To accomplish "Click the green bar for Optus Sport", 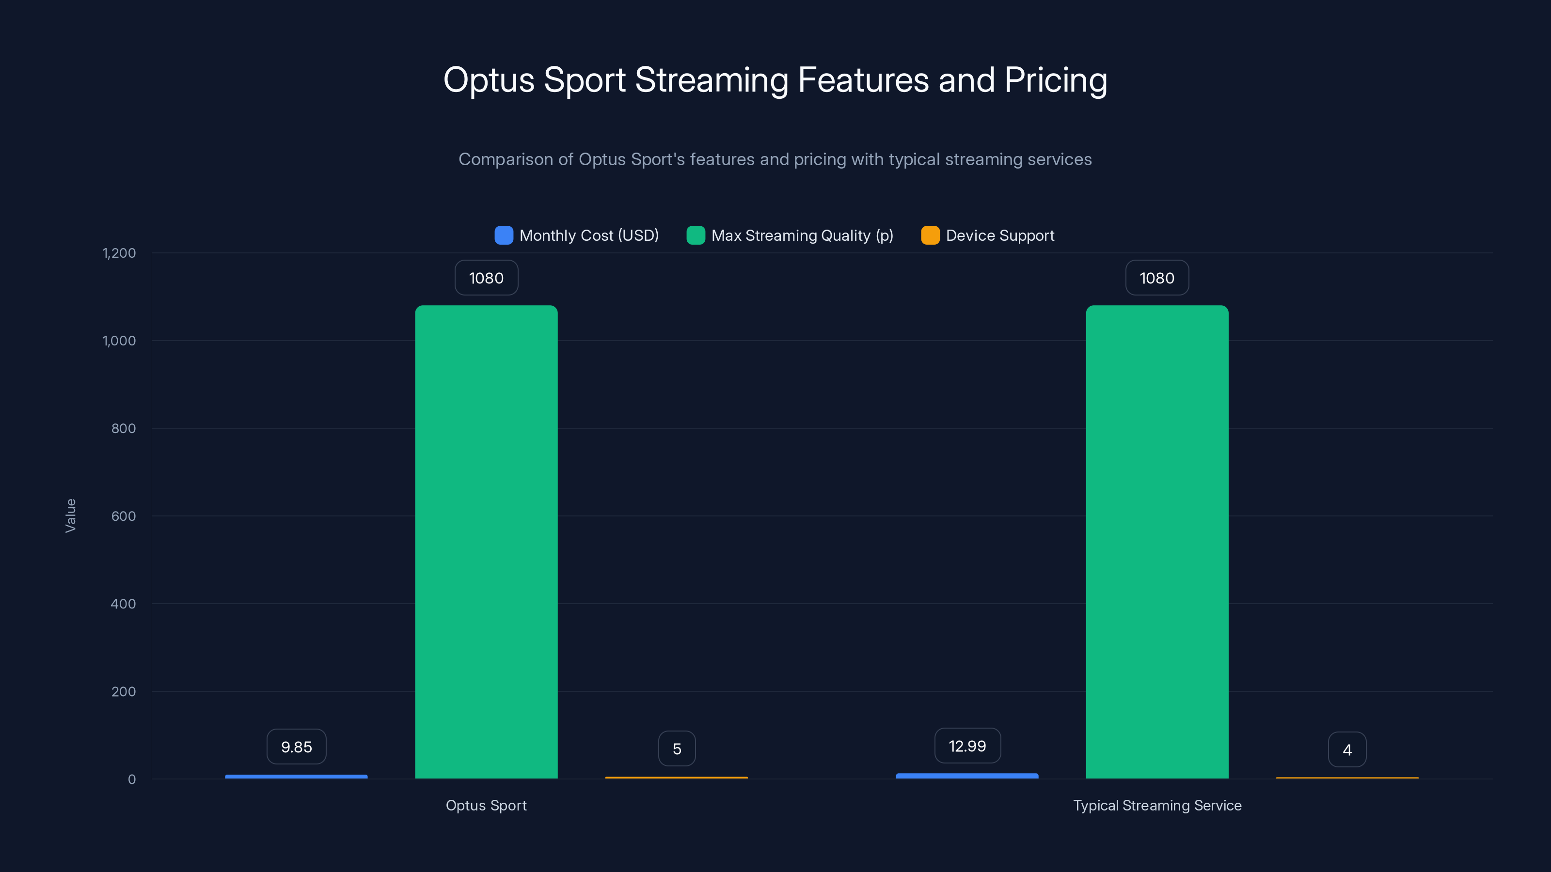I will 486,542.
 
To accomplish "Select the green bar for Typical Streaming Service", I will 1156,542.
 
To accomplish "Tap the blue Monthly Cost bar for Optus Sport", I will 296,776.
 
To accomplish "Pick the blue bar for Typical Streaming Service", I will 967,776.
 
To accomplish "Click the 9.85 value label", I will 296,747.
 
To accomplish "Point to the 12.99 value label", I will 967,746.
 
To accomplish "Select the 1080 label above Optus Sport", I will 486,278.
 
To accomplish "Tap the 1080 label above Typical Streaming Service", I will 1156,278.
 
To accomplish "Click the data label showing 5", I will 677,748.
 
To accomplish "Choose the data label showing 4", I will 1347,750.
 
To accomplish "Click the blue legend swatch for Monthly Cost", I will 504,235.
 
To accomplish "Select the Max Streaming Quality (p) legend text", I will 802,235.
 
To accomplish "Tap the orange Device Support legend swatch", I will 930,235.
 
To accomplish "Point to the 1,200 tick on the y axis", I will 119,253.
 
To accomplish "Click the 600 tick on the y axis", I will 124,516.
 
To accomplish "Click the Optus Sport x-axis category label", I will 486,805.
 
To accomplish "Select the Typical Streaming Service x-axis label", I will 1156,805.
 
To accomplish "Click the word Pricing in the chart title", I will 1056,80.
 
